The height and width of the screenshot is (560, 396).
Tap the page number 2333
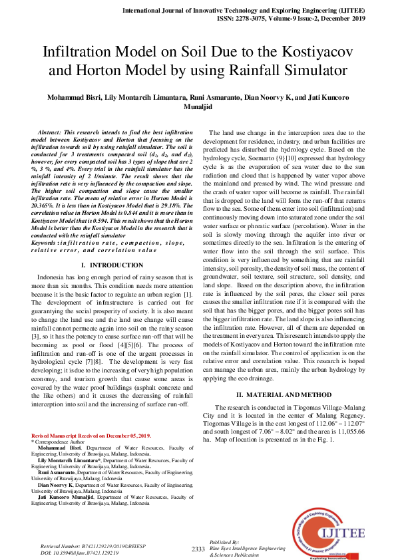(x=198, y=549)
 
